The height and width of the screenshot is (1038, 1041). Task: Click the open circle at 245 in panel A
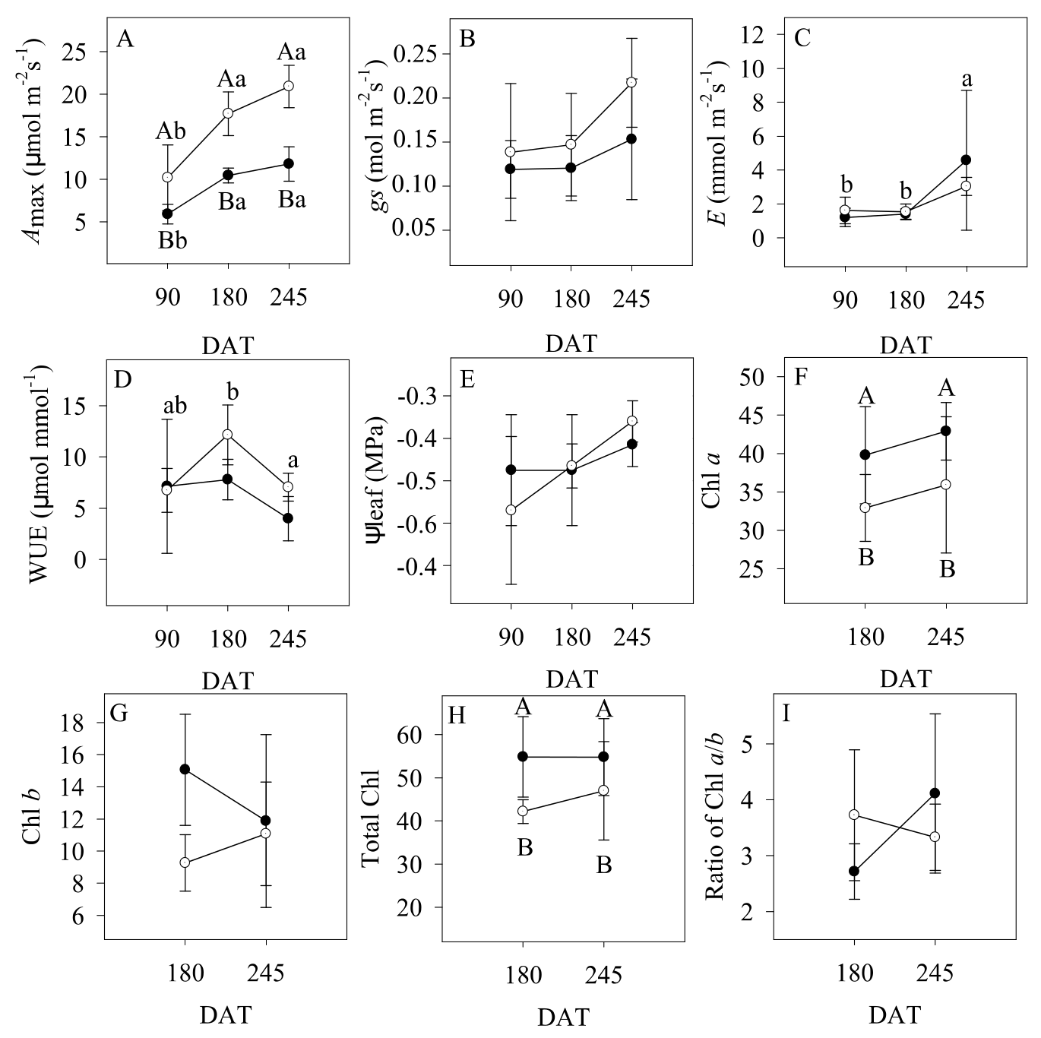(x=289, y=86)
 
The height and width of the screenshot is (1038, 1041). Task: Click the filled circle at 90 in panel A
(x=167, y=214)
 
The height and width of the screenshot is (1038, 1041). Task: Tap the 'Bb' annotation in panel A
(x=172, y=242)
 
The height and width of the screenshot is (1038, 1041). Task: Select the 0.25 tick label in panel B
(x=416, y=54)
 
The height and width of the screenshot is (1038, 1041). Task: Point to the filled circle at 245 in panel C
(x=966, y=160)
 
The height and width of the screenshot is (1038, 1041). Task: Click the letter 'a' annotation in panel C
(x=967, y=79)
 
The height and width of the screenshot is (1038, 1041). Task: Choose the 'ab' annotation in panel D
(x=176, y=406)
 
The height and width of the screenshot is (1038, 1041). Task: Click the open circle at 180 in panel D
(x=227, y=435)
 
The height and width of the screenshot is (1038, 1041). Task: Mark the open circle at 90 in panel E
(x=511, y=510)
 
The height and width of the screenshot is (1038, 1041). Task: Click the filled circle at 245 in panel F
(x=946, y=431)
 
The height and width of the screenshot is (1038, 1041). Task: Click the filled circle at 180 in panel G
(x=185, y=769)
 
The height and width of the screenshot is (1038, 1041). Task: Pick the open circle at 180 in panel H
(x=523, y=811)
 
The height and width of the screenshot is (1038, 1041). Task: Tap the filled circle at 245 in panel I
(x=935, y=793)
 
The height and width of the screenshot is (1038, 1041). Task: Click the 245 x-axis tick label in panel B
(x=631, y=299)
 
